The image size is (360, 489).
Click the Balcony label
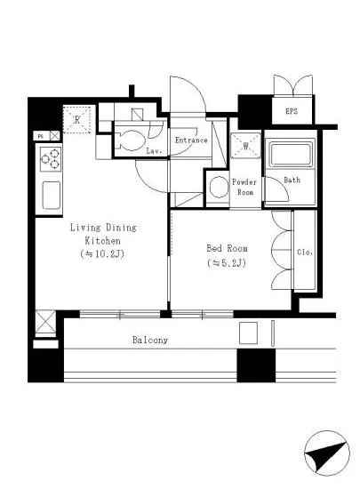[150, 340]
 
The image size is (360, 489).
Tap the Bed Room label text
[227, 248]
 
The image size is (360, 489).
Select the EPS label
[292, 111]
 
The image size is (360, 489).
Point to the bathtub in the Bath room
[292, 155]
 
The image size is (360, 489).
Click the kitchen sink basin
[52, 196]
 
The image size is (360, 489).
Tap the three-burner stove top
[50, 159]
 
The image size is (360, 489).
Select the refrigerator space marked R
[77, 119]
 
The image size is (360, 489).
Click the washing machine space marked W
[245, 145]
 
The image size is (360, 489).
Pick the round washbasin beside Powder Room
[219, 188]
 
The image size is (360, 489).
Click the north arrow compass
[327, 453]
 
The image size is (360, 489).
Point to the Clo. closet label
[305, 252]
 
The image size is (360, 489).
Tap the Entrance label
[191, 140]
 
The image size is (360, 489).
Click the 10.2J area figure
[102, 254]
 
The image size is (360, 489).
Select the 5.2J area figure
[227, 263]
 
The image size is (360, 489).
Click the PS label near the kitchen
[40, 136]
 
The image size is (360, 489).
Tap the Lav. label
[154, 151]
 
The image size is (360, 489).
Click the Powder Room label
[244, 187]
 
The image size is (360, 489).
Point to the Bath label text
[292, 180]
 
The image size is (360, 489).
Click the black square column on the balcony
[256, 365]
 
